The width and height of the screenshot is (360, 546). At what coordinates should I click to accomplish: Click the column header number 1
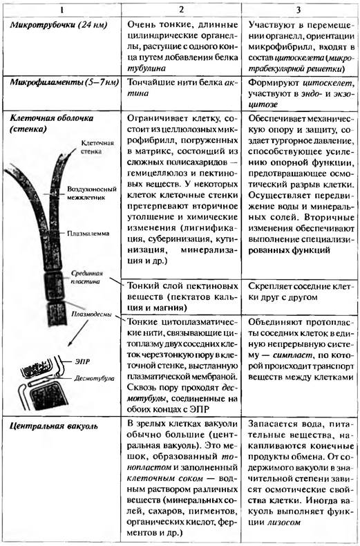click(61, 10)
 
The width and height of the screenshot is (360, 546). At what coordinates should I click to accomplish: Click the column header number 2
click(181, 10)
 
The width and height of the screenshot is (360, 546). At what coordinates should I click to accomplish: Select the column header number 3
click(299, 10)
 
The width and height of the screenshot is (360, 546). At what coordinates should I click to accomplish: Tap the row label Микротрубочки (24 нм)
click(59, 25)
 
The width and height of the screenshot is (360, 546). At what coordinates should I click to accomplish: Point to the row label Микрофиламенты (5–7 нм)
click(64, 82)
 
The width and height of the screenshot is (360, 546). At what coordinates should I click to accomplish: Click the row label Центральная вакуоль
click(54, 426)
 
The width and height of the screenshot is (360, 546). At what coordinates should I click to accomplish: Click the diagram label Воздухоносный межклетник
click(92, 194)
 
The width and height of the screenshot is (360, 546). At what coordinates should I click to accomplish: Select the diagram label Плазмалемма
click(88, 234)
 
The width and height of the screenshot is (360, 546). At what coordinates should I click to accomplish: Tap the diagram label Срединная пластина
click(87, 277)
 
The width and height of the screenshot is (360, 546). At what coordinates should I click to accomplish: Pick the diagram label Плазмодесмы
click(91, 314)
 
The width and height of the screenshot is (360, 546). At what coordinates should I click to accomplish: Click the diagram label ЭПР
click(82, 361)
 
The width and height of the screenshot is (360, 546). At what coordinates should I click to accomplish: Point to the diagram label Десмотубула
click(94, 378)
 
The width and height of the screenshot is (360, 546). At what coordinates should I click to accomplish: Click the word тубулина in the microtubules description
click(146, 68)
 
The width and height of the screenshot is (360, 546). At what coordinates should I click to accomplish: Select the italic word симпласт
click(291, 355)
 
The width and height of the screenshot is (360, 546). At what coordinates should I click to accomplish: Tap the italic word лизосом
click(284, 523)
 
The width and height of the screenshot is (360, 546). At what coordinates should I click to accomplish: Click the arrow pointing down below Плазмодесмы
click(78, 334)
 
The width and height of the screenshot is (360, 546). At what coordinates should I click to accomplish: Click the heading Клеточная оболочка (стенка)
click(52, 123)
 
